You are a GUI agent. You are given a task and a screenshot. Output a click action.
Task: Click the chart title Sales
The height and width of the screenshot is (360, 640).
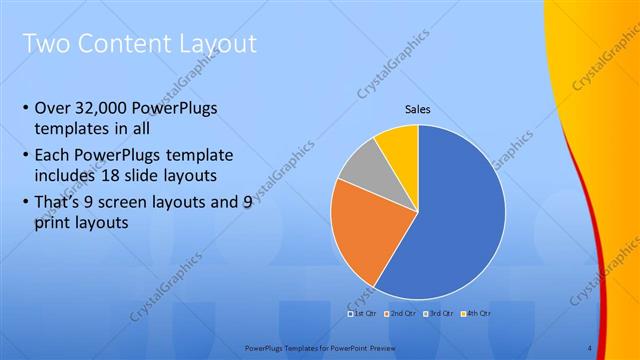pos(418,109)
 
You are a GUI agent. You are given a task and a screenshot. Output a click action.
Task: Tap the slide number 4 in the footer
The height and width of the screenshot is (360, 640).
pos(589,347)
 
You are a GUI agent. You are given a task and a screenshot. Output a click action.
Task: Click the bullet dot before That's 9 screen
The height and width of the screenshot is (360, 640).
pos(24,203)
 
